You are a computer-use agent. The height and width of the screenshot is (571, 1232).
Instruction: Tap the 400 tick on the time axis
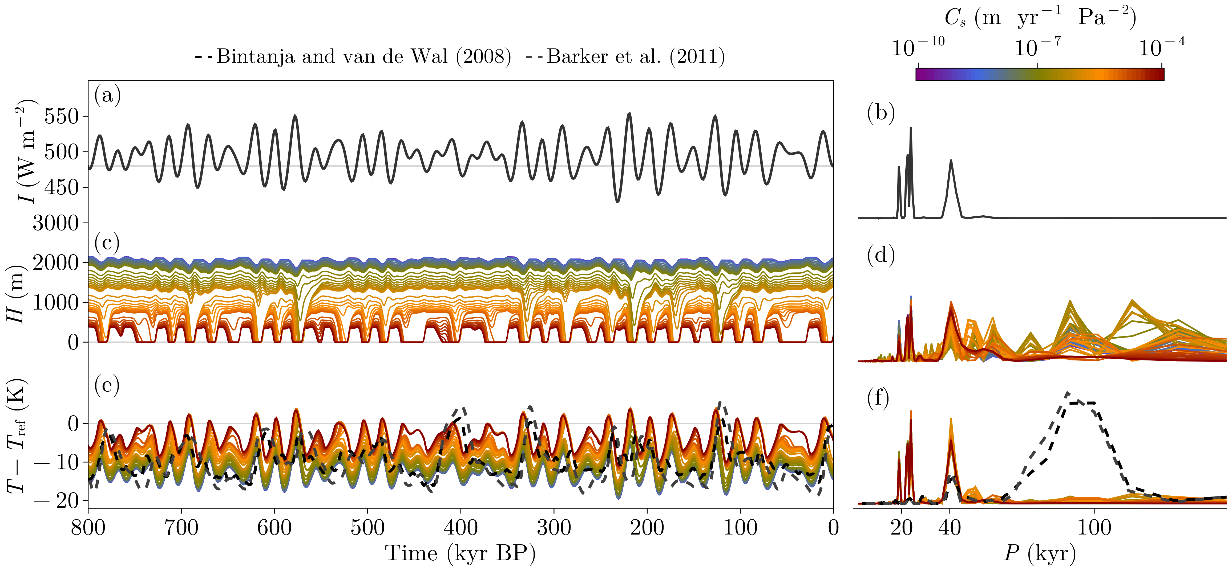461,528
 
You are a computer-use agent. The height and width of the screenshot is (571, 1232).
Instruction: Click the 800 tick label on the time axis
88,528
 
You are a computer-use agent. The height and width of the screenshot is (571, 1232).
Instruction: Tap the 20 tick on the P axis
902,528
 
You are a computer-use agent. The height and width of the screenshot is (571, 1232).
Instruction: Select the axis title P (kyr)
1040,554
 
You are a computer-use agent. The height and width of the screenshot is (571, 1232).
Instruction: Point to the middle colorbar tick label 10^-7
1037,48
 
